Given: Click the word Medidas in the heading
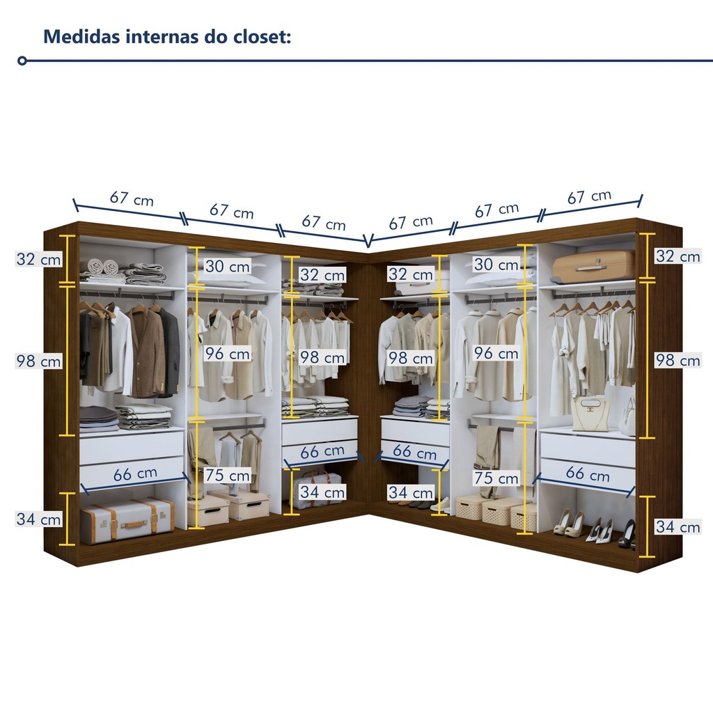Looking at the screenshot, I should click(x=81, y=36).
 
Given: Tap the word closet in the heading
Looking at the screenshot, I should click(x=259, y=36).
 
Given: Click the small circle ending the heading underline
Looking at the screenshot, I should click(x=22, y=61).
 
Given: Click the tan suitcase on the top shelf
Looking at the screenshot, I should click(x=593, y=267).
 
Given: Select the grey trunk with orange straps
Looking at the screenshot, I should click(x=126, y=519).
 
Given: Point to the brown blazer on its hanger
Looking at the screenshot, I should click(x=146, y=351).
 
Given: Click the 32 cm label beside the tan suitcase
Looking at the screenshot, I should click(x=677, y=256).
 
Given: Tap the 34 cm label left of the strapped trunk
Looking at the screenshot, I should click(x=39, y=519).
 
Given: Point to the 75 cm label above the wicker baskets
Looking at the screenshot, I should click(x=496, y=478).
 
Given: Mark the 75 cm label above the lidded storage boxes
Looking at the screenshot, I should click(x=228, y=476).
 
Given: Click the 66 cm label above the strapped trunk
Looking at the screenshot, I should click(x=135, y=474).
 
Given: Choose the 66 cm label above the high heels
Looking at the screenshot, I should click(x=588, y=475).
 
